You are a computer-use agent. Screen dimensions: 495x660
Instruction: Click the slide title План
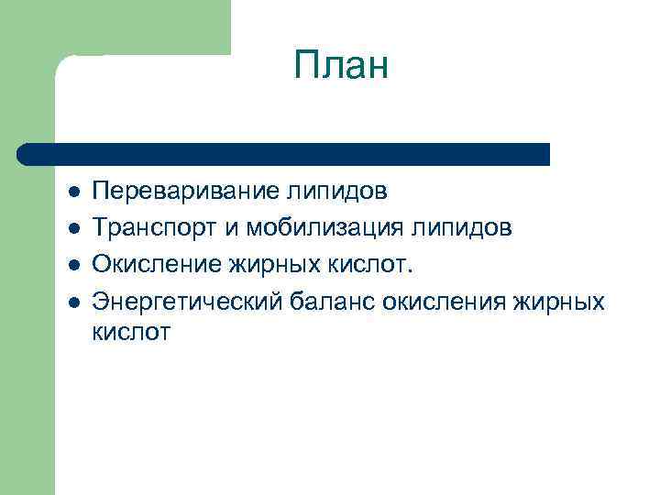tap(342, 66)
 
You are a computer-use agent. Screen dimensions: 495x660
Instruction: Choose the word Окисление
tap(151, 265)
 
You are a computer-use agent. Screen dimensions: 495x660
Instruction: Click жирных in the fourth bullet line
tap(561, 302)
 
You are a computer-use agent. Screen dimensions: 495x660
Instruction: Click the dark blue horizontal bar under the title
tap(284, 154)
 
